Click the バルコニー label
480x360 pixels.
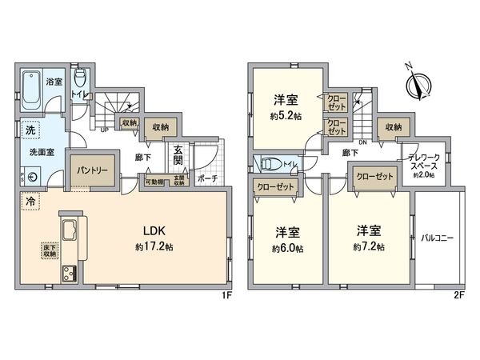[x=438, y=238]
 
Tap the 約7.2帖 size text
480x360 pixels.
[x=369, y=246]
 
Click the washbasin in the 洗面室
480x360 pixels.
[x=31, y=177]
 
